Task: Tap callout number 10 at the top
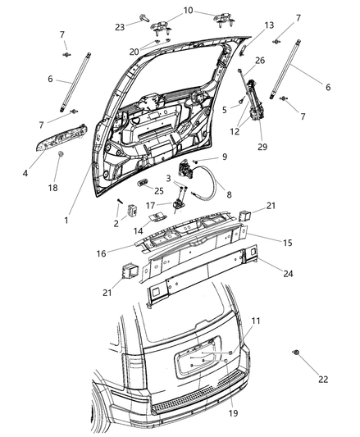point(189,11)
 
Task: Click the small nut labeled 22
point(294,353)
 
